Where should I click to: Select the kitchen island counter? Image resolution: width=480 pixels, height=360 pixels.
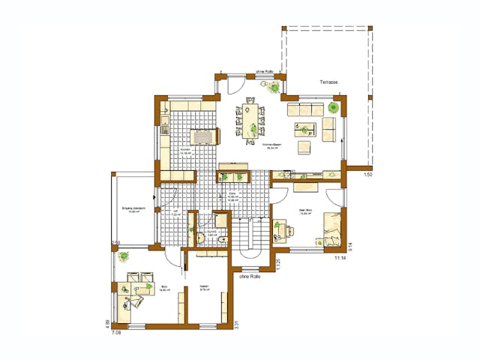(x=203, y=136)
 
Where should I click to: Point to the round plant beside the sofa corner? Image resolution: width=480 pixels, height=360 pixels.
(x=333, y=108)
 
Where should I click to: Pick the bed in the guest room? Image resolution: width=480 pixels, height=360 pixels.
(x=332, y=228)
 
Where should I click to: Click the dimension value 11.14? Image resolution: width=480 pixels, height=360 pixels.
(x=339, y=259)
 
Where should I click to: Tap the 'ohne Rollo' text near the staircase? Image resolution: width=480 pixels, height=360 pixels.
(x=250, y=277)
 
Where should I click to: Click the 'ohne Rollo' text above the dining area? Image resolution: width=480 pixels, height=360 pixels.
(x=268, y=72)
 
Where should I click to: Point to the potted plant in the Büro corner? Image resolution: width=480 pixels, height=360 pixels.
(x=122, y=256)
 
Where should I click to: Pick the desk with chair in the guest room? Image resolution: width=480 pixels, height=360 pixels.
(x=281, y=229)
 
